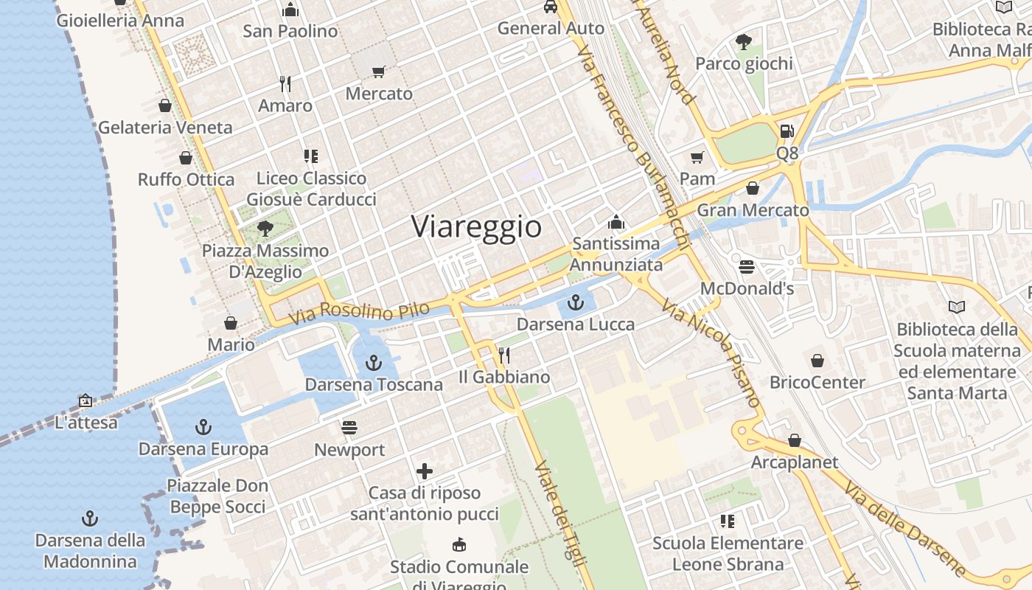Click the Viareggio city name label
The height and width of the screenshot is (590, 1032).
[x=476, y=226]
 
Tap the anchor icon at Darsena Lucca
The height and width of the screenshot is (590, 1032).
[x=576, y=302]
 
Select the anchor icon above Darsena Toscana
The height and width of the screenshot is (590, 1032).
[x=374, y=362]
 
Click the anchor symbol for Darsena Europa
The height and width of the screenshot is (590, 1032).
[x=203, y=426]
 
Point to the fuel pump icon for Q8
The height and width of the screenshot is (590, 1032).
[x=787, y=131]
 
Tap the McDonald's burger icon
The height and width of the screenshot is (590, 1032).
[x=747, y=266]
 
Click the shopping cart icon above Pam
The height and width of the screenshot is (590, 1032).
[x=697, y=157]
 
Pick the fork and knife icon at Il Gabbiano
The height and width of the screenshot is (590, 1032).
[x=504, y=355]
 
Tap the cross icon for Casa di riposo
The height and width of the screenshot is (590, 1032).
[x=425, y=471]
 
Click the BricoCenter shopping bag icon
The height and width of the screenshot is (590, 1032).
[x=817, y=361]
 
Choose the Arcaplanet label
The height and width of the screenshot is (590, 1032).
[x=794, y=462]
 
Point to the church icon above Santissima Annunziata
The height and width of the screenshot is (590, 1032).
[x=616, y=222]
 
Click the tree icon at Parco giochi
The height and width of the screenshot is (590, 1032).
[x=744, y=42]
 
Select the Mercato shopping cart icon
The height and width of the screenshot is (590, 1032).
[x=379, y=72]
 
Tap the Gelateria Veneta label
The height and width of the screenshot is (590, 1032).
[x=165, y=128]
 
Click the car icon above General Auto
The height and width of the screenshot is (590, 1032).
[x=550, y=7]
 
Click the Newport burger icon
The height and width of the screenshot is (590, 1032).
[x=349, y=428]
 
